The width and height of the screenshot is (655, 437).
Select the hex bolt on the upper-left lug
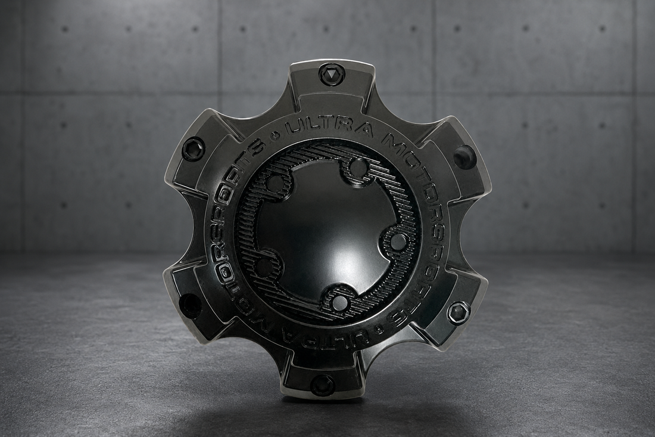pyautogui.click(x=192, y=145)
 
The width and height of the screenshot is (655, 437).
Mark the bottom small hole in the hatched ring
pyautogui.click(x=338, y=299)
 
